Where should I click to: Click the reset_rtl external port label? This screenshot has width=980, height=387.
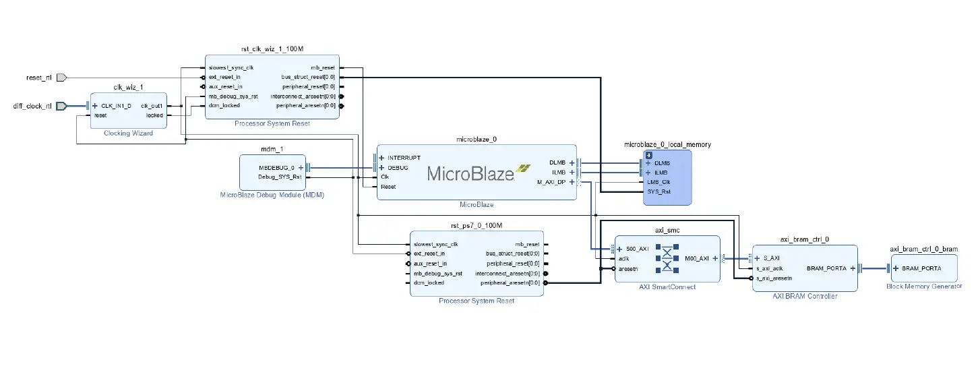click(38, 78)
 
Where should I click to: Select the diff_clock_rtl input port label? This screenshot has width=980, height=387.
click(32, 106)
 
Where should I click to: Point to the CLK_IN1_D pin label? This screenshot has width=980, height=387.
click(116, 106)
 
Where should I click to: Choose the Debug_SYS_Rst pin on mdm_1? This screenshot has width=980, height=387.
click(280, 177)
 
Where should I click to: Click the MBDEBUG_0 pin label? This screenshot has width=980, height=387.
click(276, 167)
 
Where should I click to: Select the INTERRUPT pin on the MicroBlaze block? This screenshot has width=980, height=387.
click(404, 158)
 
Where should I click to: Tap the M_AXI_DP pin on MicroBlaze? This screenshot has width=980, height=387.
click(552, 182)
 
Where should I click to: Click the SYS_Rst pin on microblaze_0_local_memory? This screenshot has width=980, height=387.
click(658, 191)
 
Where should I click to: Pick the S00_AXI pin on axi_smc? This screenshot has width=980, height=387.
click(636, 249)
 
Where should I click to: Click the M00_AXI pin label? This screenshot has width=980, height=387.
click(696, 258)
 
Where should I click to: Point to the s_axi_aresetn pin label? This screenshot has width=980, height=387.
click(773, 278)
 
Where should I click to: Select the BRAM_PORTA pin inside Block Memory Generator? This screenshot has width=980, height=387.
click(920, 268)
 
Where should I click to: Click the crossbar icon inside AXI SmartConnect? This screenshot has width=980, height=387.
click(667, 258)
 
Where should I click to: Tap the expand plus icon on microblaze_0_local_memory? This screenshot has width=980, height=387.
click(649, 155)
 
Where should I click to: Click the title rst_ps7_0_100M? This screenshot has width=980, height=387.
click(476, 225)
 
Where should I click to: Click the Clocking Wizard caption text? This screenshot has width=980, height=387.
click(128, 133)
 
